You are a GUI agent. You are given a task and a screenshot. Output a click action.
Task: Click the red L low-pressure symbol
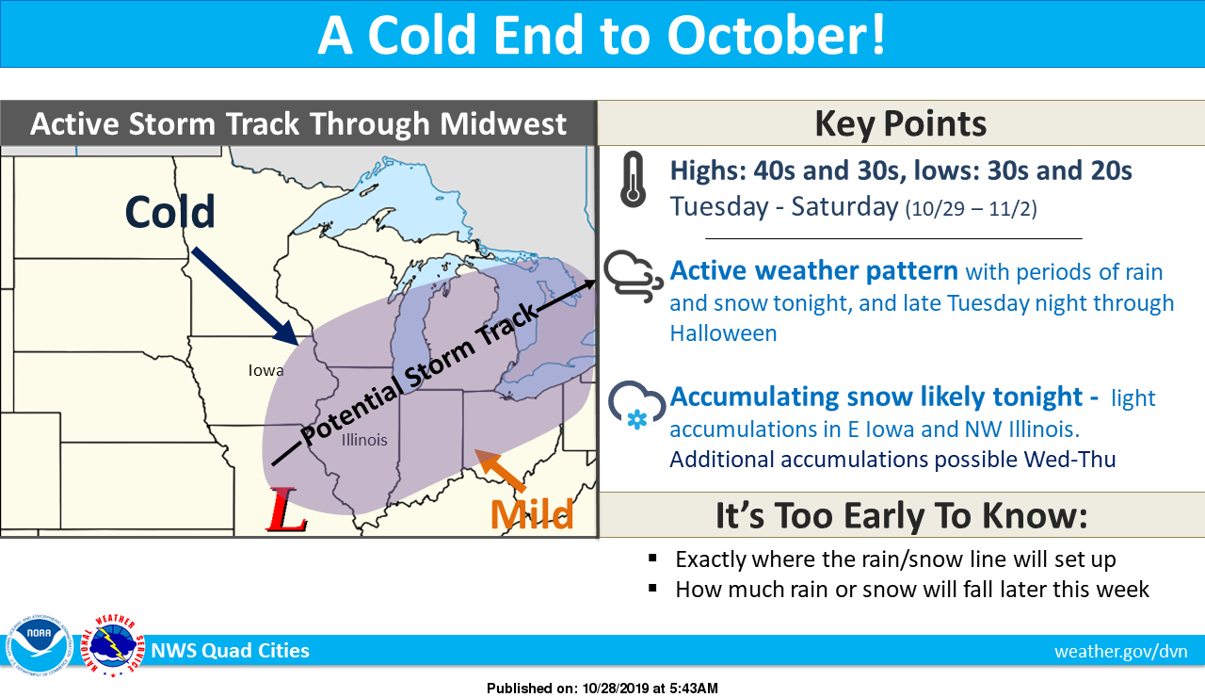[287, 510]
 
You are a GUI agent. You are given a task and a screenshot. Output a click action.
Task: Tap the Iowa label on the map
[265, 370]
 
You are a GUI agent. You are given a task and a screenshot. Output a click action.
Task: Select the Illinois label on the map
[364, 440]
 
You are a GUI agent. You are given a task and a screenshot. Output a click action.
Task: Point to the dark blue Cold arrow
[245, 296]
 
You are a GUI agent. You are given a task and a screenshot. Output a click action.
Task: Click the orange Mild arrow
[500, 470]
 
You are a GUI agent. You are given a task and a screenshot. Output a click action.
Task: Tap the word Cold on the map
[170, 212]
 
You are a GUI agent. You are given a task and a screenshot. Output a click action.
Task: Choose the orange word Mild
[532, 515]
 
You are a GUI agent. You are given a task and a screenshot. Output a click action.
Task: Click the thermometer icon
[633, 180]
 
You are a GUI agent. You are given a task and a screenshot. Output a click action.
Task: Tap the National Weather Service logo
[113, 646]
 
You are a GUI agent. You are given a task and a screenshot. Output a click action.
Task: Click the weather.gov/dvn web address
[1121, 651]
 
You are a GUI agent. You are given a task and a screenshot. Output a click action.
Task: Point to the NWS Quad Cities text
[231, 651]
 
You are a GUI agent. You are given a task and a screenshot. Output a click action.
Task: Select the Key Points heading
[901, 123]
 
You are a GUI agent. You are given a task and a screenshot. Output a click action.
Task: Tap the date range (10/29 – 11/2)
[971, 208]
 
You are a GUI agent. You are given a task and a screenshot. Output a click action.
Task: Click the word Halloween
[724, 333]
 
